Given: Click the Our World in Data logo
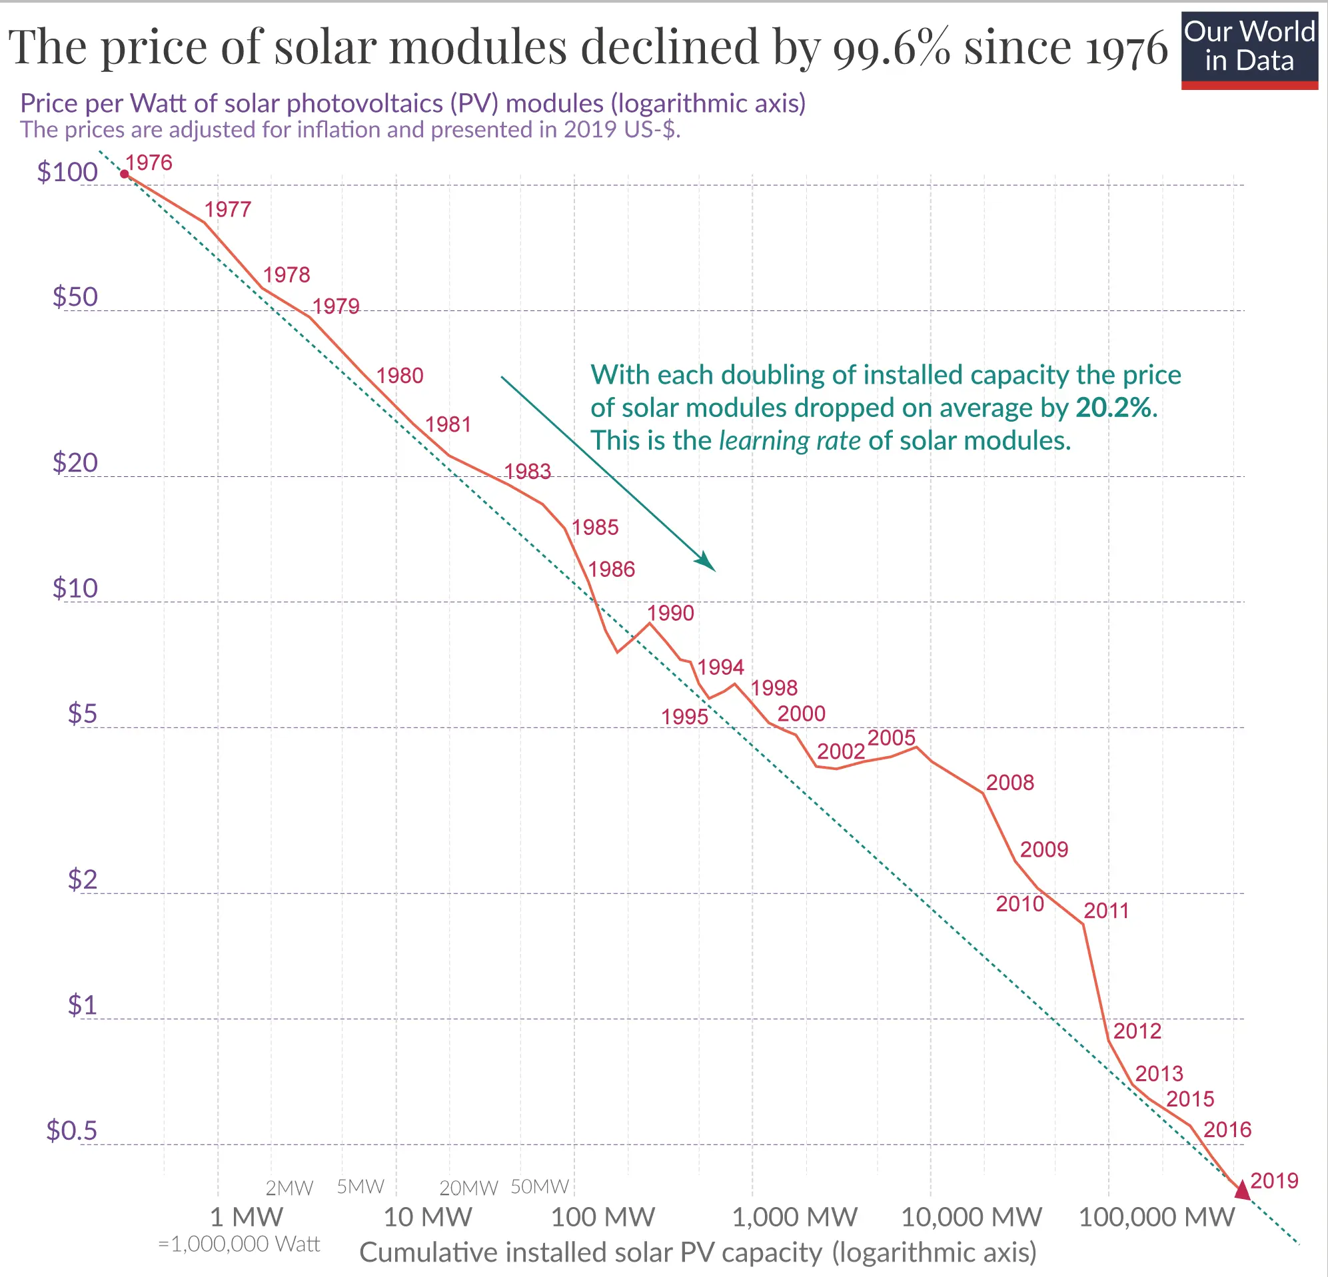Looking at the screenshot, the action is click(x=1249, y=50).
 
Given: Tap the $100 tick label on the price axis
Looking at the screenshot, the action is click(x=67, y=172).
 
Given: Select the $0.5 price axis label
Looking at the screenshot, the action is click(x=72, y=1130).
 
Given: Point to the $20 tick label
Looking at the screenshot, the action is click(x=75, y=463).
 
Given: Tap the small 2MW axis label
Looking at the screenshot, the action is click(x=289, y=1188).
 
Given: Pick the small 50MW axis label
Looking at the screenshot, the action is click(x=539, y=1186).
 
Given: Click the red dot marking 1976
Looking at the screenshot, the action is click(x=124, y=174).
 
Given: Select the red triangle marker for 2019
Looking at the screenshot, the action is click(x=1242, y=1190).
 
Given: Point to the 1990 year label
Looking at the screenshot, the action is click(x=670, y=613).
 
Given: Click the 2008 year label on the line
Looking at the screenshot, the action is click(x=1009, y=783).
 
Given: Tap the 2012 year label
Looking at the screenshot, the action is click(x=1137, y=1031).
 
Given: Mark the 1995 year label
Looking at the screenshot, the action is click(x=684, y=717).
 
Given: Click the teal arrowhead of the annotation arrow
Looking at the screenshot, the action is click(x=706, y=562).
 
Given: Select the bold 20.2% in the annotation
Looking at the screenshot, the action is click(x=1113, y=408).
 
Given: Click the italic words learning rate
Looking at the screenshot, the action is click(x=790, y=441).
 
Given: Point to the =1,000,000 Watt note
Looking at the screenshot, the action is click(x=239, y=1244).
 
